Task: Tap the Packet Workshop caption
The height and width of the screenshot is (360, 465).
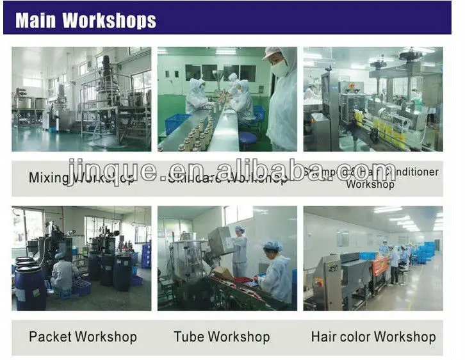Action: click(83, 336)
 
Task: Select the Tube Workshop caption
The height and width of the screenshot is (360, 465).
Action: click(222, 336)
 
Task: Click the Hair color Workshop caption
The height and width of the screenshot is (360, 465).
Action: click(373, 336)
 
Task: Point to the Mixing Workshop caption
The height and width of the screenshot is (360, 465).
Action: click(82, 177)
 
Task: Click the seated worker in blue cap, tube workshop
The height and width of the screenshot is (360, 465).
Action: click(276, 273)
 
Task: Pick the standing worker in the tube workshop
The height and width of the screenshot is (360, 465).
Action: click(239, 250)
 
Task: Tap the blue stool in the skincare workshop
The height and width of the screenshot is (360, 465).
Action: click(248, 138)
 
